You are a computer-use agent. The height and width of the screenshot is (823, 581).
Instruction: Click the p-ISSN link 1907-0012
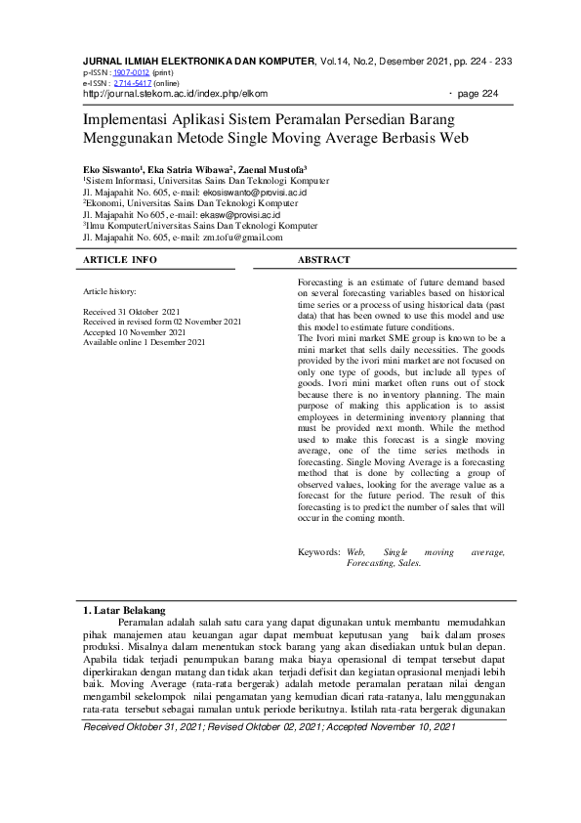pyautogui.click(x=131, y=72)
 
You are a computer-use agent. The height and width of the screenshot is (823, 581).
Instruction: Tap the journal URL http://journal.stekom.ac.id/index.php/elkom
pyautogui.click(x=175, y=94)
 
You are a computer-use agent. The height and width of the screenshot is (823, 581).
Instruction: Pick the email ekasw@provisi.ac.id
pyautogui.click(x=240, y=215)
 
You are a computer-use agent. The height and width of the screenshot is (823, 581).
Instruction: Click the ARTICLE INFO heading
pyautogui.click(x=120, y=260)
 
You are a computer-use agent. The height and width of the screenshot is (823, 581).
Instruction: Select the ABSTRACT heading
pyautogui.click(x=323, y=260)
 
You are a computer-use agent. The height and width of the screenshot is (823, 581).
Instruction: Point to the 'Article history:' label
pyautogui.click(x=110, y=292)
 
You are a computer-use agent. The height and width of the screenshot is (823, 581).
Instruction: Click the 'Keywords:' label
pyautogui.click(x=319, y=553)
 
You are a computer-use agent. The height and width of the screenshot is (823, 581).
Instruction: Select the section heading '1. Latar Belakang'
pyautogui.click(x=124, y=611)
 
